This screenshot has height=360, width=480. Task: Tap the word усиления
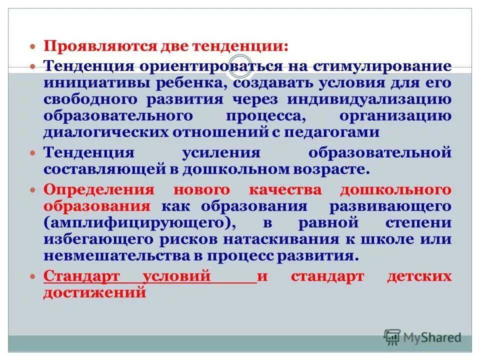(x=220, y=152)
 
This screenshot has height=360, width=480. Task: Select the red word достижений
(x=94, y=293)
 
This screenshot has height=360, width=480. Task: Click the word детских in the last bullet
(x=426, y=276)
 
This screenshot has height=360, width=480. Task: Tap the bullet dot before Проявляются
(x=33, y=46)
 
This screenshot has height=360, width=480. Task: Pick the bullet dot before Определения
(x=33, y=190)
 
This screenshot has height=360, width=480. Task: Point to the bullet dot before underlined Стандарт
(x=33, y=276)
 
